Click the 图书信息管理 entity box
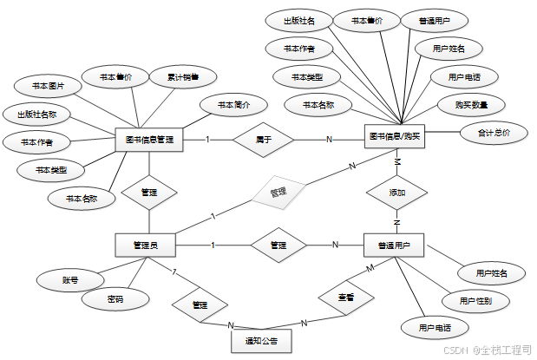coord(150,139)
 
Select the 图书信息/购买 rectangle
coord(395,136)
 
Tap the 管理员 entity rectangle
coord(146,245)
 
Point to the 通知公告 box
coord(261,342)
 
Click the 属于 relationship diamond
coord(264,139)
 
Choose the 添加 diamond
coord(396,193)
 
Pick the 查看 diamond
coord(345,298)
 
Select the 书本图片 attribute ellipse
coord(49,87)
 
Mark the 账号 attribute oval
coord(70,280)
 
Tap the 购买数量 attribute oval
coord(469,105)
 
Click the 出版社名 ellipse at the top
coord(298,20)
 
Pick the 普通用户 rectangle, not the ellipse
coord(394,245)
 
